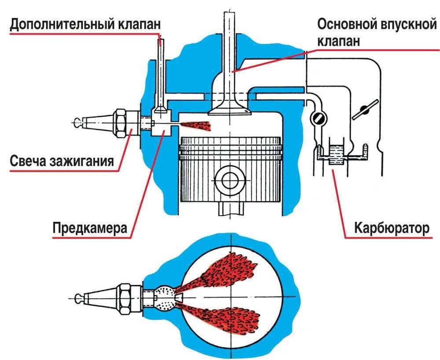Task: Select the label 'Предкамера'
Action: [x=90, y=229]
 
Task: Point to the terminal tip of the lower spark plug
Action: [x=80, y=298]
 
